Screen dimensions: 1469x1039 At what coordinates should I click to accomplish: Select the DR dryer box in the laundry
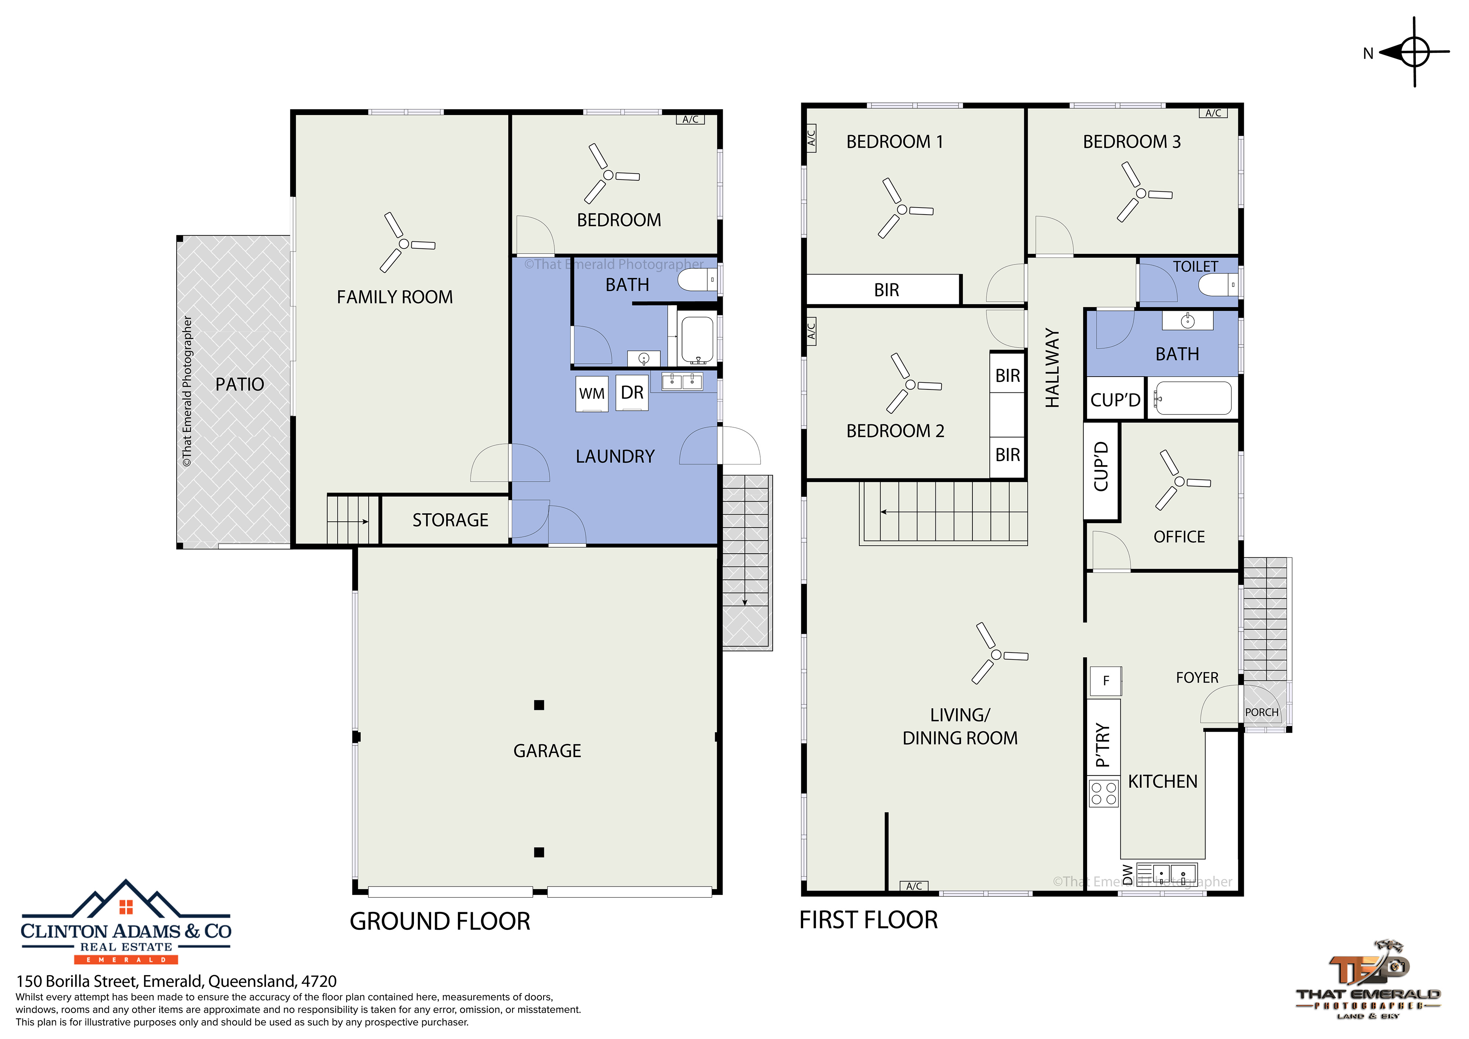click(x=632, y=392)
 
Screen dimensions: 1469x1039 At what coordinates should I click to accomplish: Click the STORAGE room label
click(x=450, y=520)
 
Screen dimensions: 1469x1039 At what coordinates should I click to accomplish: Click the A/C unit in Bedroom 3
click(x=1213, y=113)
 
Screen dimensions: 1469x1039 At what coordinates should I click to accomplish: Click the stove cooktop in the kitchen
click(x=1104, y=793)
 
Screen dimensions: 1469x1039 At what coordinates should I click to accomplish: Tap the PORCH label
click(x=1262, y=712)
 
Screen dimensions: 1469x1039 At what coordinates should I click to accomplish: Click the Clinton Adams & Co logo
click(x=126, y=922)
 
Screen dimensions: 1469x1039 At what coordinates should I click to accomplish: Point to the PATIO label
click(x=240, y=384)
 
